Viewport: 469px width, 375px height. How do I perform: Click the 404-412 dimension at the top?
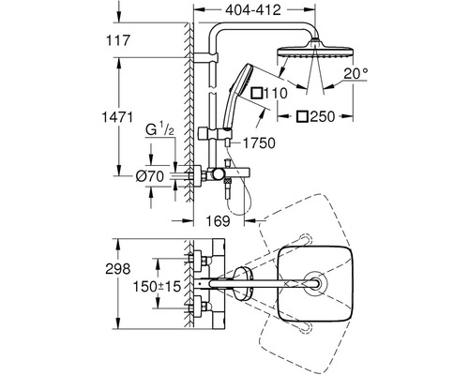point(253,10)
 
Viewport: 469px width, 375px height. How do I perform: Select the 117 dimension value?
point(118,40)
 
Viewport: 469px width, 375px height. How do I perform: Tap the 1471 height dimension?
point(117,117)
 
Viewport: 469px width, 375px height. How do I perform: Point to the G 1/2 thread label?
point(159,129)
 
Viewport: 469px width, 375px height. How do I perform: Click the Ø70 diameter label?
point(150,177)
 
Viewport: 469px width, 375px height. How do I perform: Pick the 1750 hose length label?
point(259,143)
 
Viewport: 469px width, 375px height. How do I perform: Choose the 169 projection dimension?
point(218,221)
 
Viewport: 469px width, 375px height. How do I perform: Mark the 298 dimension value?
point(118,269)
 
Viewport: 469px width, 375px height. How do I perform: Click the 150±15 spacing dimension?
point(158,286)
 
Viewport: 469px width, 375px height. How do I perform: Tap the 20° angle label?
point(356,74)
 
